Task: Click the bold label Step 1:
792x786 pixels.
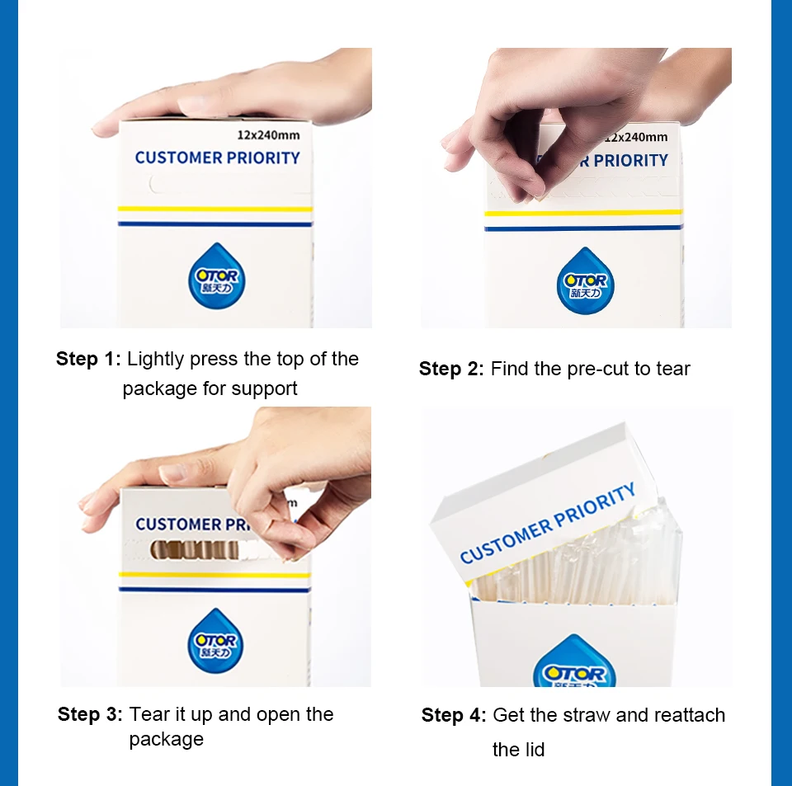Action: click(x=89, y=359)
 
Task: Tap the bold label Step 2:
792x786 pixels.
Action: click(x=451, y=369)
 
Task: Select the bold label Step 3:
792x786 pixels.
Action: click(x=90, y=714)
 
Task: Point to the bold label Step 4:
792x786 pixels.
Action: click(x=454, y=715)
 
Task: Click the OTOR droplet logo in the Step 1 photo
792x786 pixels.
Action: click(x=217, y=275)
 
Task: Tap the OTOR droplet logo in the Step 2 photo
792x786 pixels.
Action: click(x=586, y=280)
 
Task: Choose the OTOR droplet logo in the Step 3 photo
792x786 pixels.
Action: click(x=215, y=641)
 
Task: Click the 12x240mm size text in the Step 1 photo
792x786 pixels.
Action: click(x=268, y=135)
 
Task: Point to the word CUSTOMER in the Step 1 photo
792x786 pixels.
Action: click(x=179, y=158)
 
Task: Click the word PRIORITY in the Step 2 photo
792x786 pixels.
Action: click(x=630, y=161)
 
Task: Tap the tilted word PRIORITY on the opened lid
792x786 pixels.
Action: click(x=595, y=508)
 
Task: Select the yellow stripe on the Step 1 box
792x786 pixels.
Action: click(x=215, y=209)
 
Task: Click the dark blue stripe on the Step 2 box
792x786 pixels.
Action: click(x=583, y=228)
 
